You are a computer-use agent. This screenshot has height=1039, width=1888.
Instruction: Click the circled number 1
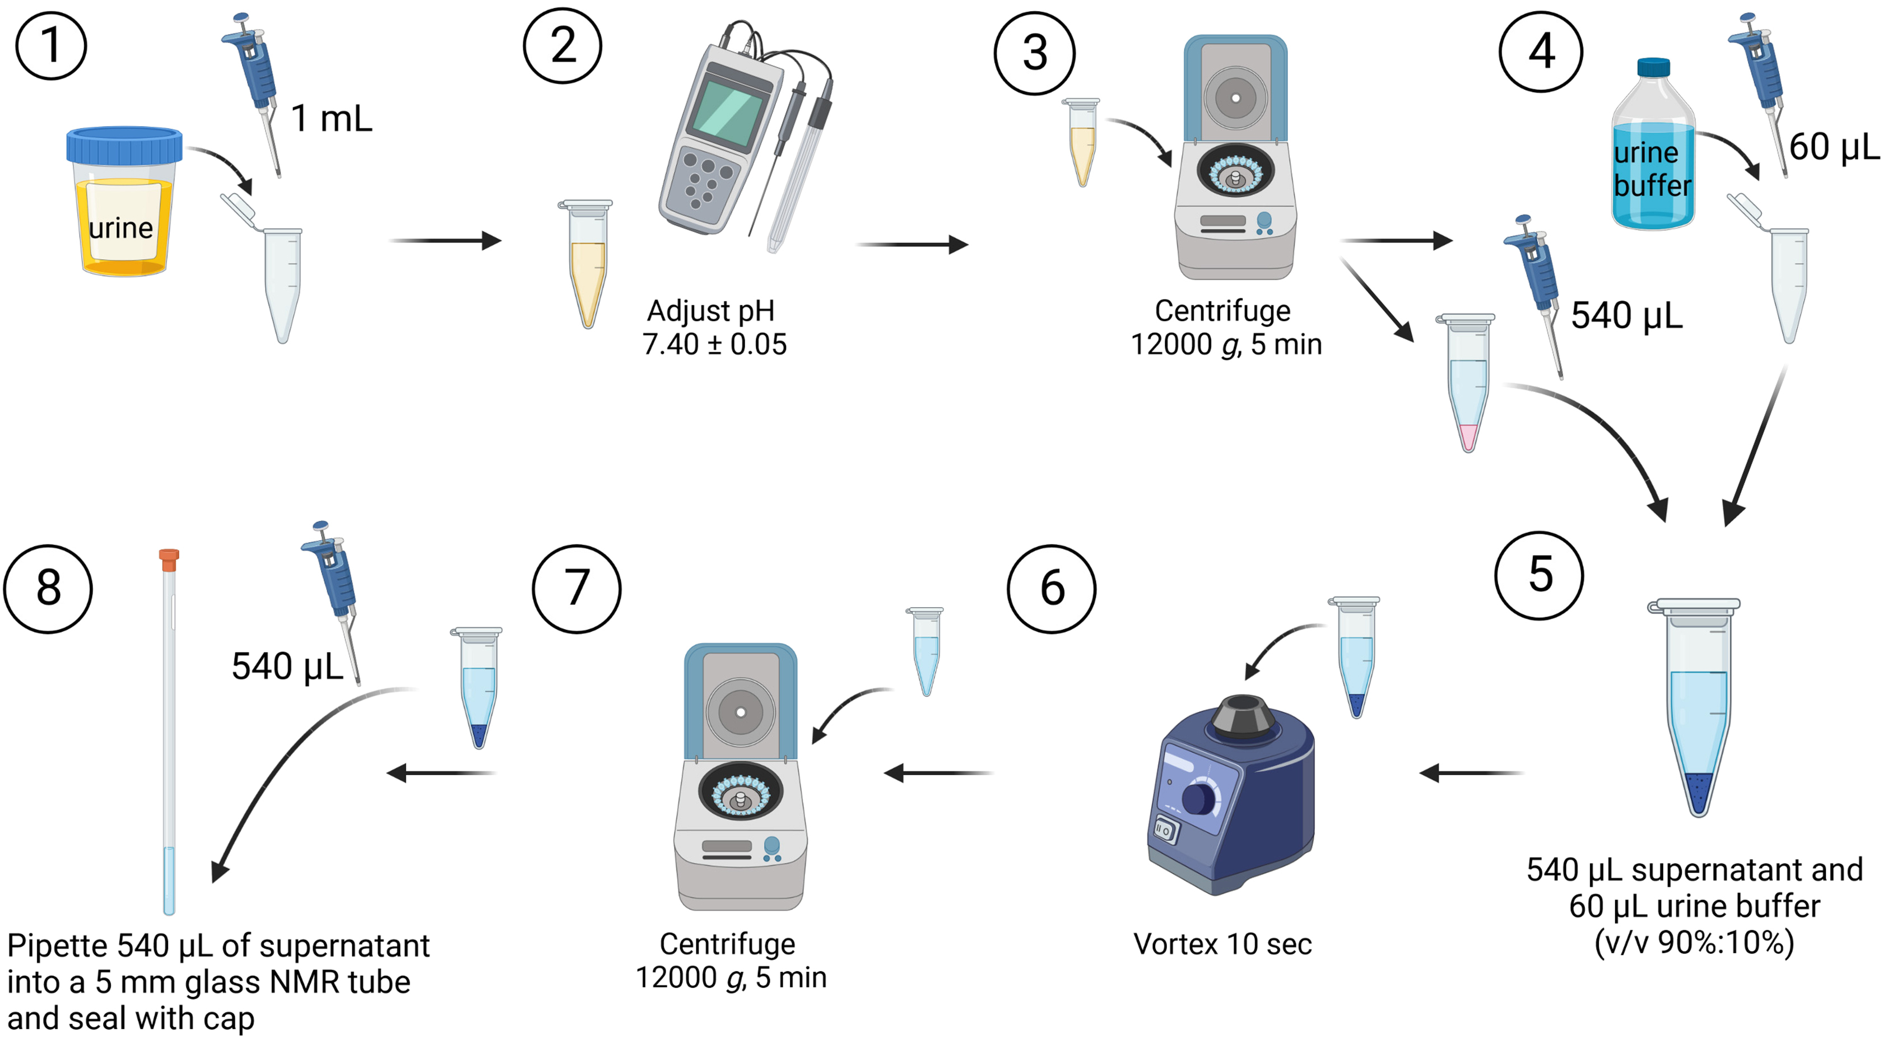[x=50, y=45]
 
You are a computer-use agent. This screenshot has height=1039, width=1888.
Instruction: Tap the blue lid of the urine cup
[x=124, y=145]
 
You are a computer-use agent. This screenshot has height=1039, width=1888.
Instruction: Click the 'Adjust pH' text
[x=710, y=311]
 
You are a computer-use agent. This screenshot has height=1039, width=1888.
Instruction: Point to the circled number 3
[x=1034, y=53]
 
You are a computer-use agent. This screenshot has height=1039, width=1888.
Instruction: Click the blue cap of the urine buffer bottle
[x=1653, y=67]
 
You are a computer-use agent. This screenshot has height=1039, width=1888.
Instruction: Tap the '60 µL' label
[x=1834, y=147]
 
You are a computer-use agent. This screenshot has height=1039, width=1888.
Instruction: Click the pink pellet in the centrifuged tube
[x=1468, y=437]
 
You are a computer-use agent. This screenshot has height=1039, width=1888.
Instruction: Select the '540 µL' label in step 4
[x=1626, y=316]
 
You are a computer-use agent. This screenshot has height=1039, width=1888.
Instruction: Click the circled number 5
[x=1539, y=575]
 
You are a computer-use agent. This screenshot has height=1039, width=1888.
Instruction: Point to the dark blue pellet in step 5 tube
[x=1698, y=791]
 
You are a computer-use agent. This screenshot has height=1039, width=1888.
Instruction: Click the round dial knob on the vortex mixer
[x=1198, y=799]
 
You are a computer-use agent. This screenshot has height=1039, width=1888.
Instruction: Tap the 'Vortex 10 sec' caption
[x=1222, y=944]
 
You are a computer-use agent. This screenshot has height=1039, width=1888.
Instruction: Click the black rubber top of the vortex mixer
[x=1243, y=714]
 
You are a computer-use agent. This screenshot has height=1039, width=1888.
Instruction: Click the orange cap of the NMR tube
[x=169, y=559]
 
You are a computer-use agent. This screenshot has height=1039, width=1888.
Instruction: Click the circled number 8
[x=48, y=588]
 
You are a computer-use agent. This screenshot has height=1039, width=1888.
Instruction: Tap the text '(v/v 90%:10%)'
[x=1694, y=942]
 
